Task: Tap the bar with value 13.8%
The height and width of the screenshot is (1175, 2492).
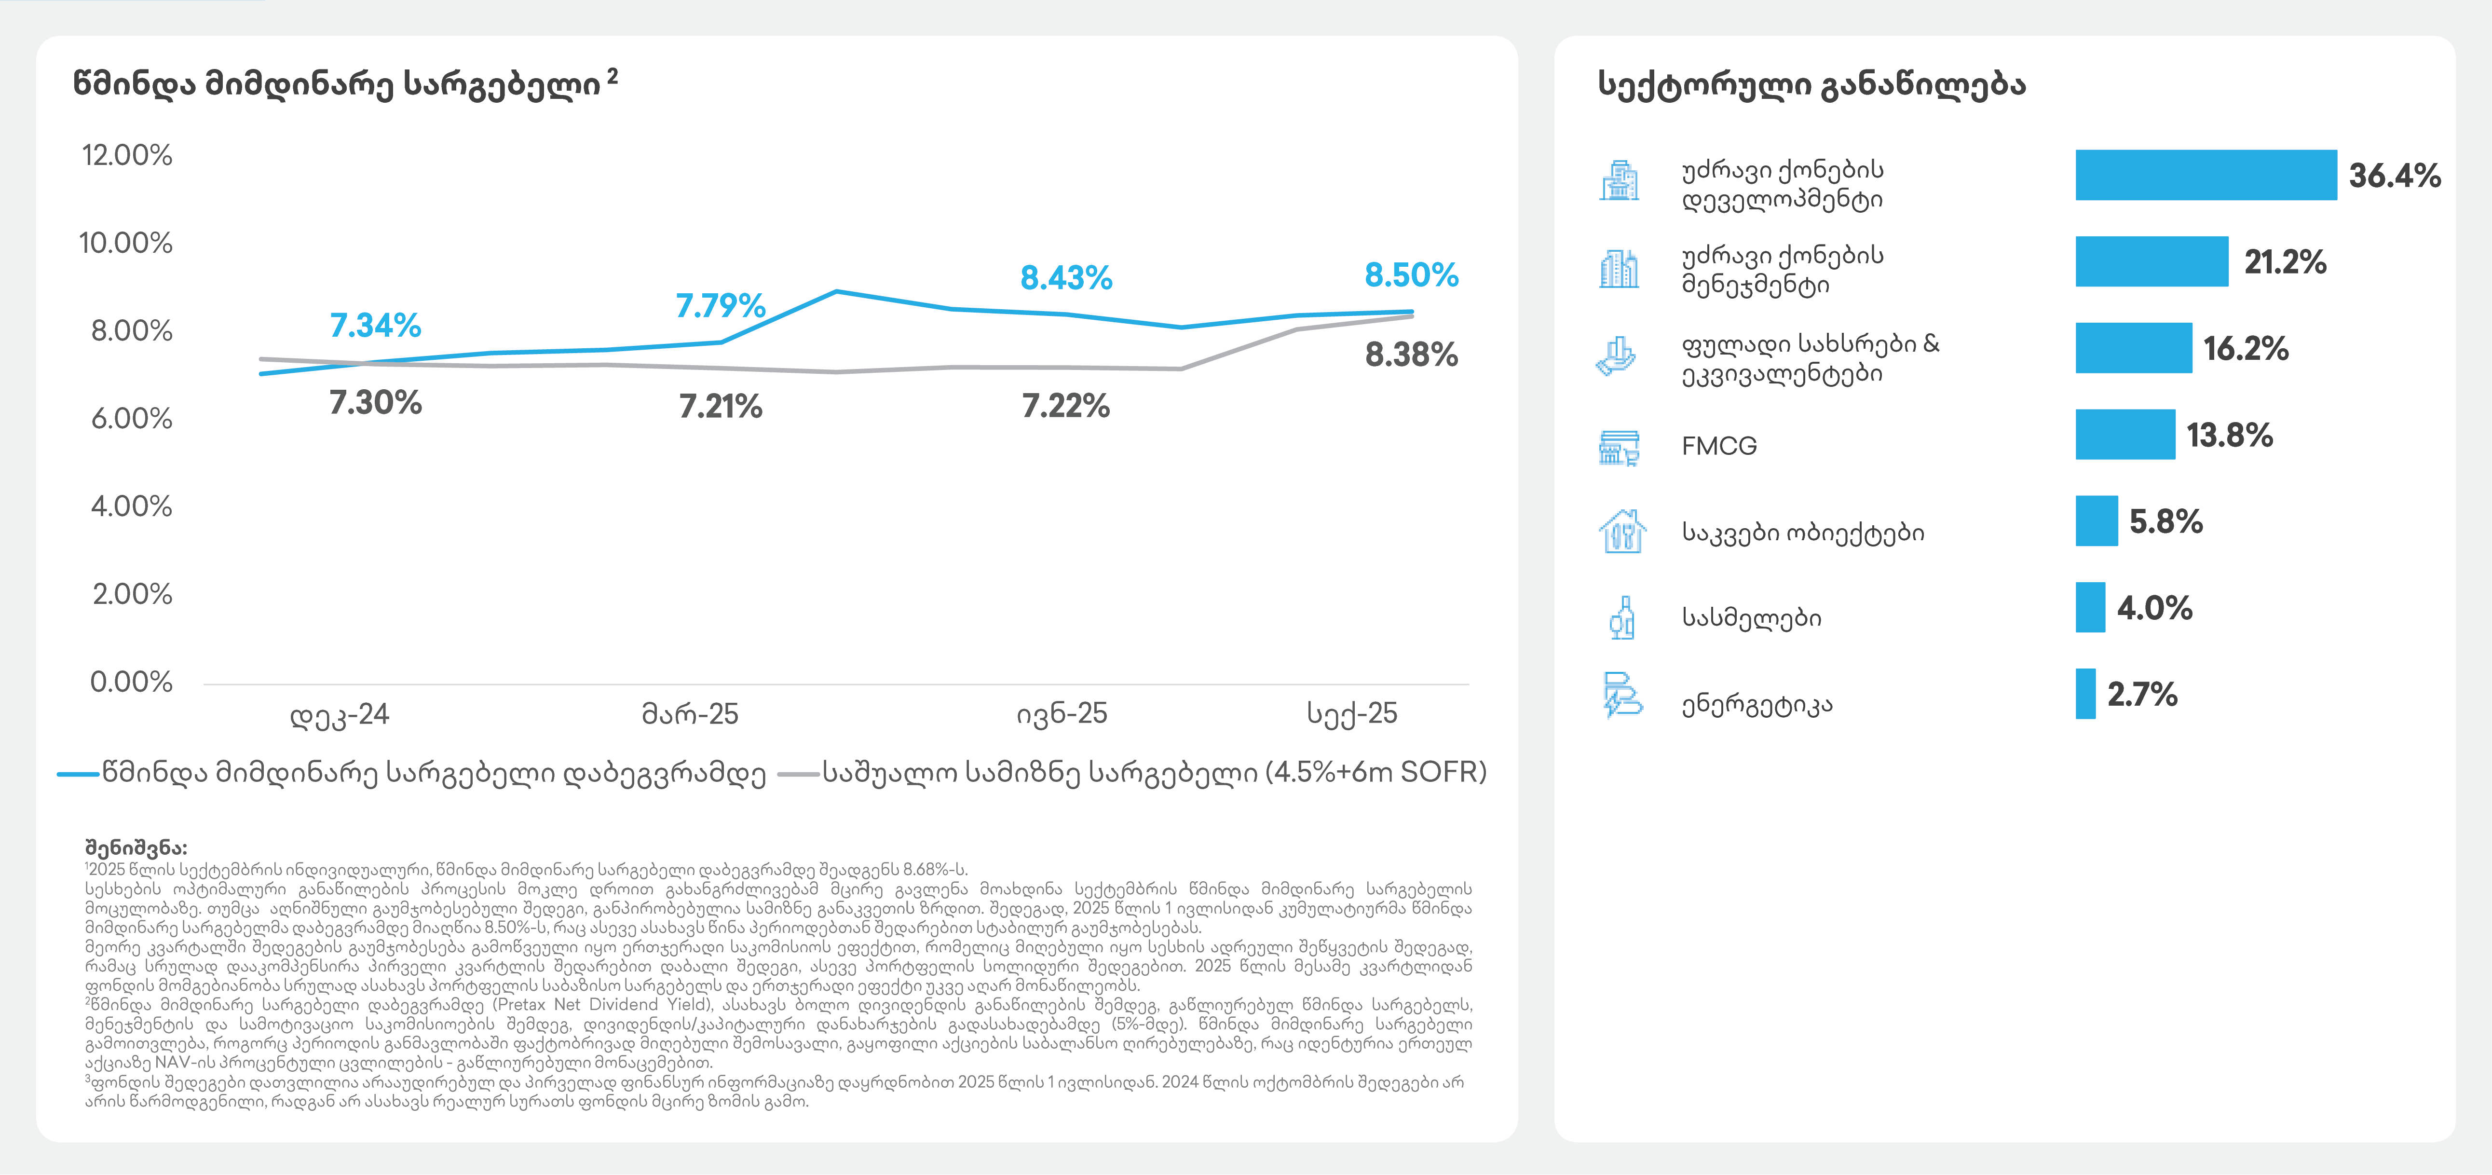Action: [2124, 435]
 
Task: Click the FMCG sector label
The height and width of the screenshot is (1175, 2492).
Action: [1719, 446]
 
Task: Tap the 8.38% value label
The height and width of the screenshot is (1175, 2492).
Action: [1410, 355]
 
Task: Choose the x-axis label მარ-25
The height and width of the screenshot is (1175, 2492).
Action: [690, 714]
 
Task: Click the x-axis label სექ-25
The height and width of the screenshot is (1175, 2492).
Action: [1351, 714]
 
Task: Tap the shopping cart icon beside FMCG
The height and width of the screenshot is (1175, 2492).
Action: [1619, 448]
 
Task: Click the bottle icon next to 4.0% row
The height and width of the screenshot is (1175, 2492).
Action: [1621, 617]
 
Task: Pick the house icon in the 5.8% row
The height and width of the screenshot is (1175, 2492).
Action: [1621, 532]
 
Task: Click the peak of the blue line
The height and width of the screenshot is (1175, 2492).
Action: [836, 291]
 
